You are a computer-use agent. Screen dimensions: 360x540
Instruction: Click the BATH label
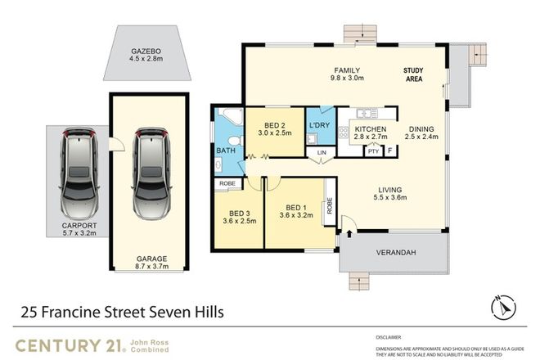(x=226, y=151)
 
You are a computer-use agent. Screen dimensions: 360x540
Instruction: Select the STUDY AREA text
(x=419, y=77)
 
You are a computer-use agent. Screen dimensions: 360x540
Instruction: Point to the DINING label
(x=423, y=128)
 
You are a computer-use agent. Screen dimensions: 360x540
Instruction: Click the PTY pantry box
(x=373, y=151)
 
